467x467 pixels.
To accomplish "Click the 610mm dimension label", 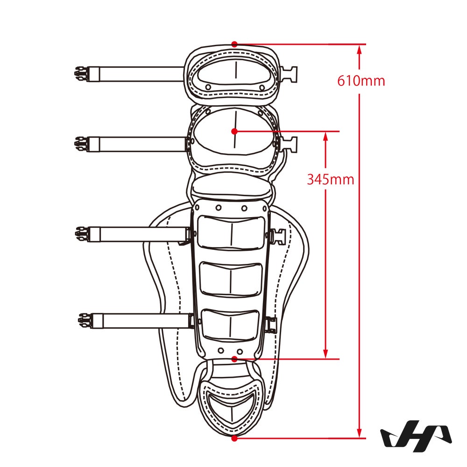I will (x=361, y=81).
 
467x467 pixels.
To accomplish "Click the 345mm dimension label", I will (x=330, y=179).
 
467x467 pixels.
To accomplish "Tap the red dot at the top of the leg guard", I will (x=234, y=44).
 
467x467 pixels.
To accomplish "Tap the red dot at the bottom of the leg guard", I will (x=234, y=438).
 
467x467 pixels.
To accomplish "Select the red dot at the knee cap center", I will (x=234, y=131).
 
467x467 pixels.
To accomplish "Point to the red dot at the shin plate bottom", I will (x=234, y=359).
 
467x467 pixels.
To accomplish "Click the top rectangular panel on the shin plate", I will (x=231, y=233).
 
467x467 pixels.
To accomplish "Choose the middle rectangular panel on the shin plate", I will (x=231, y=279).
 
